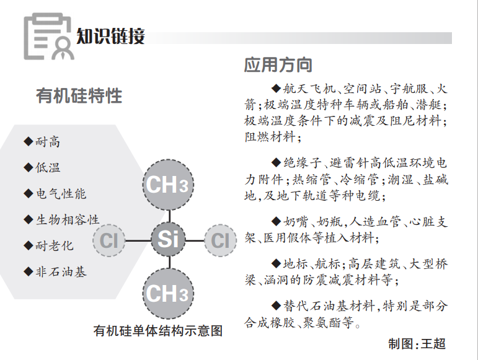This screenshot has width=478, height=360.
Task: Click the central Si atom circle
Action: (x=168, y=239)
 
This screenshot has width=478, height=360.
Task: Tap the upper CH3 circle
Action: (x=168, y=185)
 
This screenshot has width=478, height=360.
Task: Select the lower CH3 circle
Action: (x=168, y=293)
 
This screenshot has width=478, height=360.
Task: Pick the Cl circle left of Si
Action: (x=110, y=240)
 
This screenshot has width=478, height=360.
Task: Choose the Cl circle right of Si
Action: (x=220, y=240)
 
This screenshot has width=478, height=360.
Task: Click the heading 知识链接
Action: (x=111, y=36)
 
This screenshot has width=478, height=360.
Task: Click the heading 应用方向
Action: (x=278, y=64)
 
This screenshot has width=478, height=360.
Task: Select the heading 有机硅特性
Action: (x=79, y=96)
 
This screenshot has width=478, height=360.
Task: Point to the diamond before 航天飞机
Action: (x=277, y=87)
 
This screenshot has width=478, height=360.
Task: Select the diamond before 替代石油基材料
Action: (x=277, y=305)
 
